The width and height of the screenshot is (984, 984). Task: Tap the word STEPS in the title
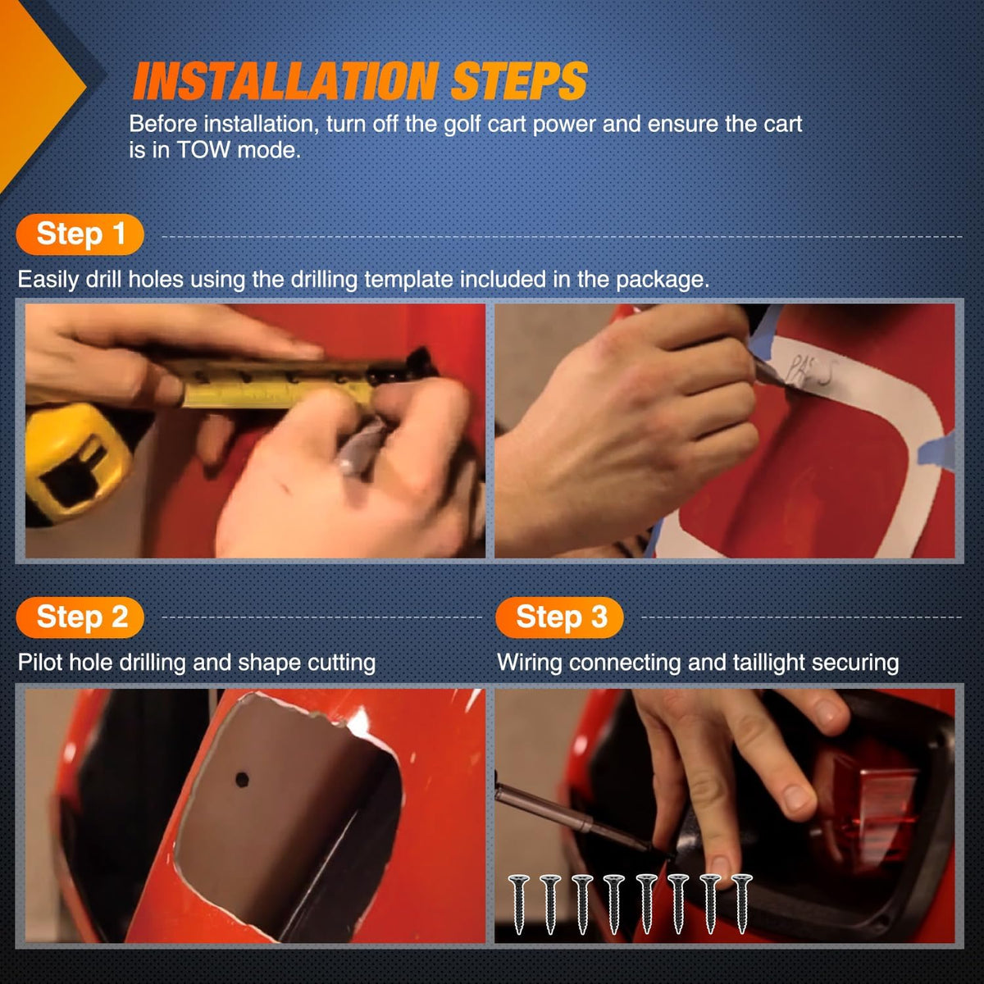tap(519, 80)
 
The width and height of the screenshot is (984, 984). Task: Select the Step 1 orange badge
tap(80, 235)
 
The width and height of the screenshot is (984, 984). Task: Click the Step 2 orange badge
tap(80, 617)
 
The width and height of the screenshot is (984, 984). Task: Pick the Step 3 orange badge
tap(560, 617)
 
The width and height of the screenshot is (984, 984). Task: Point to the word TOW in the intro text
tap(203, 150)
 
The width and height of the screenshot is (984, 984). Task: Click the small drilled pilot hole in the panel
tap(242, 780)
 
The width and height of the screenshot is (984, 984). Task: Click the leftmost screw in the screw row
tap(519, 904)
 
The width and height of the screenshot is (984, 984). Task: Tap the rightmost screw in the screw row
tap(741, 904)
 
